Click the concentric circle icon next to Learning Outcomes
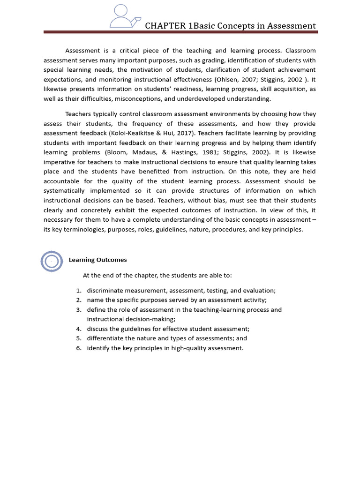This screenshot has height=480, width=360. [x=52, y=261]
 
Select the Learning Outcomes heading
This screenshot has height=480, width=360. [x=97, y=260]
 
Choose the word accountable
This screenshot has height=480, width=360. [x=61, y=181]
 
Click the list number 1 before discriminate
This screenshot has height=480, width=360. [x=79, y=291]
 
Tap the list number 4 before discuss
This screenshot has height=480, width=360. [x=79, y=329]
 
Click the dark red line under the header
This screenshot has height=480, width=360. [x=180, y=32]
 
